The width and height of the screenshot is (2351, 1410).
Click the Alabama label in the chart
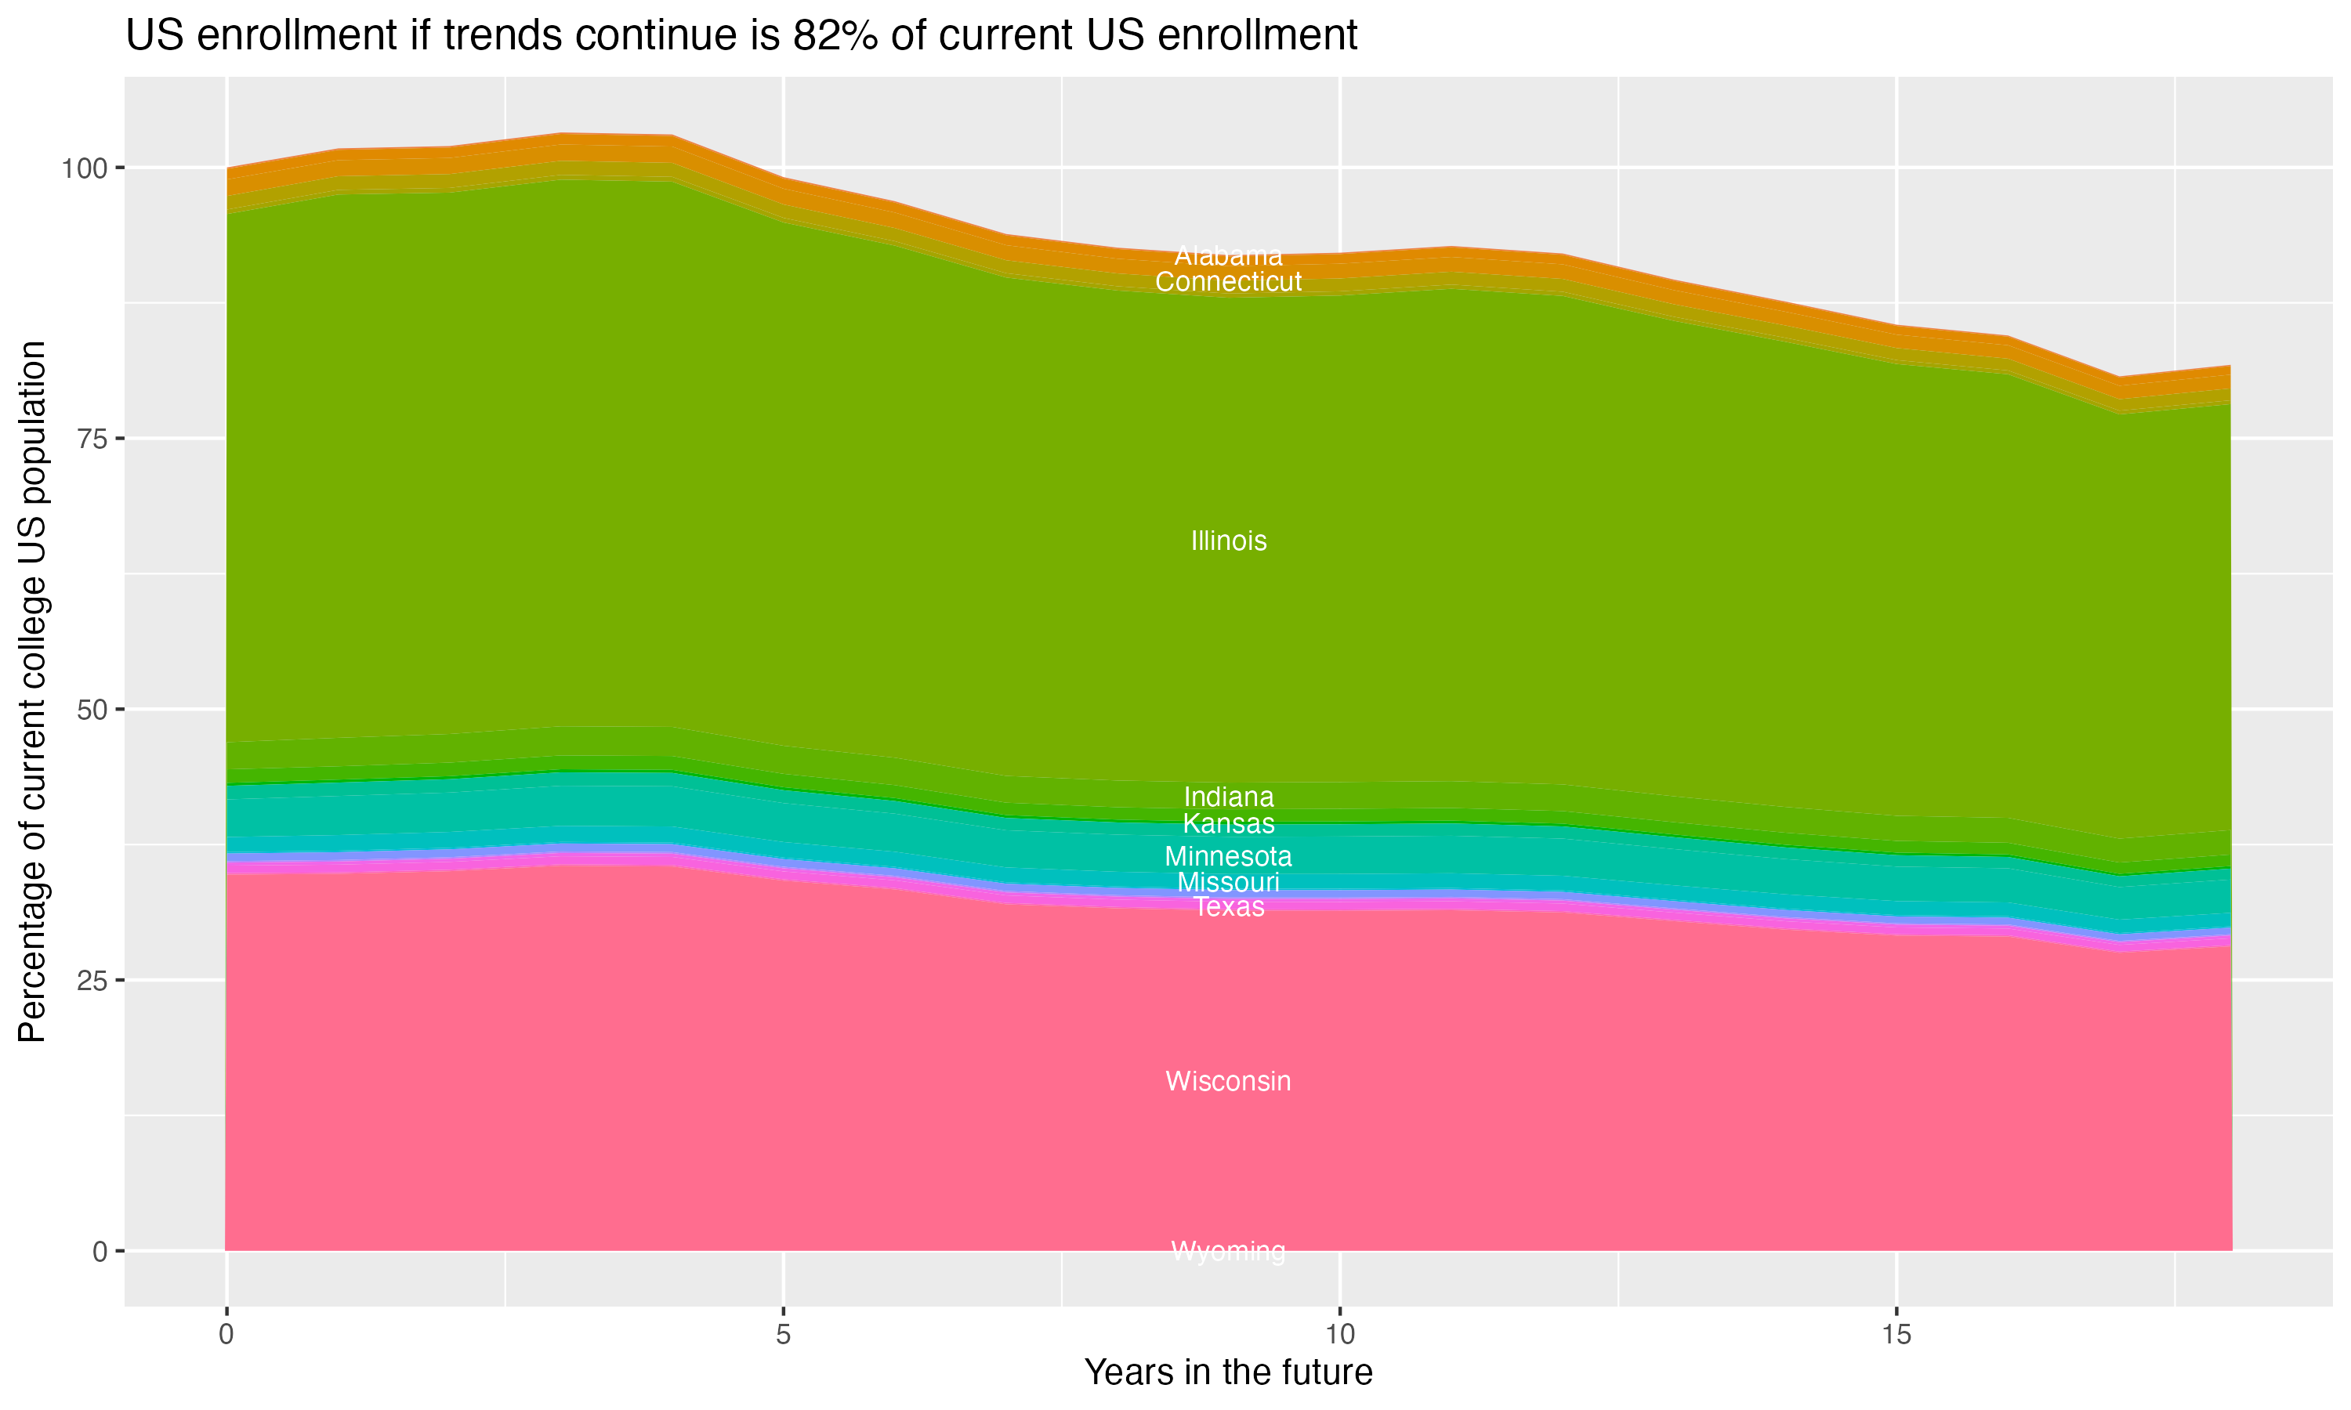[x=1228, y=255]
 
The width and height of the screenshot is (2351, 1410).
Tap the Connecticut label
[x=1228, y=281]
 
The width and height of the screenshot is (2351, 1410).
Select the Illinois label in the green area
[x=1228, y=540]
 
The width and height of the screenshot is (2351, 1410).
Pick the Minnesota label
[x=1228, y=856]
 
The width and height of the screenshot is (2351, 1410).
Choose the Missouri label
[x=1228, y=882]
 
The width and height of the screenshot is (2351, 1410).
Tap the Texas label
[x=1228, y=907]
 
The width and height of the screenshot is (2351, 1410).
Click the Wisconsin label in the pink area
[x=1228, y=1081]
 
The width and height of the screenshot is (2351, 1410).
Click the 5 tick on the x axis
[x=783, y=1335]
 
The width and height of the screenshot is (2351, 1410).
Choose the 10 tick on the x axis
[x=1339, y=1335]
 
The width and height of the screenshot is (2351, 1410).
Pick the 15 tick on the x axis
[x=1896, y=1335]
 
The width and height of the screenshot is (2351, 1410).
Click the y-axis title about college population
[x=32, y=692]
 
